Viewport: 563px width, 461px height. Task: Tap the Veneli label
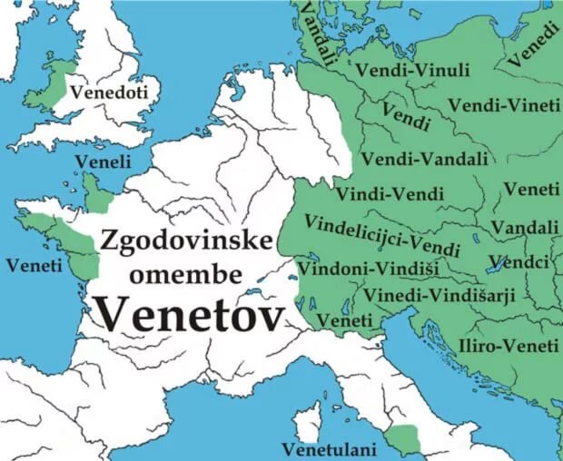click(x=103, y=161)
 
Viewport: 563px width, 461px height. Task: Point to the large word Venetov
click(x=188, y=313)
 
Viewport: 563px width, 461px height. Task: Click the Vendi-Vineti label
click(x=504, y=105)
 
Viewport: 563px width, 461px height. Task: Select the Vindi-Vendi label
click(x=390, y=193)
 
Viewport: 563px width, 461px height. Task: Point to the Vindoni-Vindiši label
click(x=355, y=269)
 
